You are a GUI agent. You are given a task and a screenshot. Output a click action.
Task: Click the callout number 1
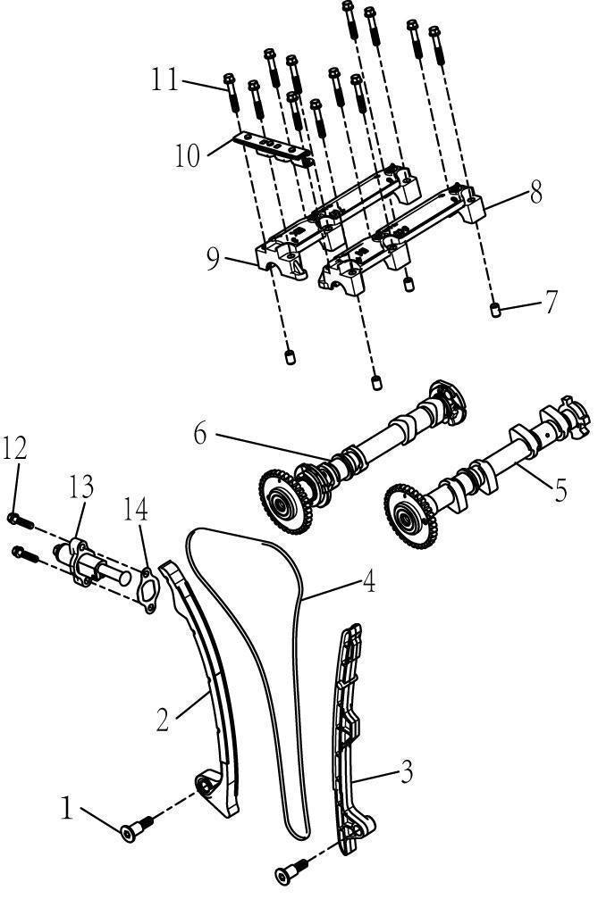pos(66,808)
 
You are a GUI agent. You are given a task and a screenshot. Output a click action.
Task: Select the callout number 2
pos(163,719)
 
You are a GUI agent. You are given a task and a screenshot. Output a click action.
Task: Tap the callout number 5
pos(560,490)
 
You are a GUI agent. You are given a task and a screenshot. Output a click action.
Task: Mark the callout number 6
pos(199,434)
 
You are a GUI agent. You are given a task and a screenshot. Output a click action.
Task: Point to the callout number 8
pos(536,193)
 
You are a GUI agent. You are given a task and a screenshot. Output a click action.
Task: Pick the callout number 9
pos(213,259)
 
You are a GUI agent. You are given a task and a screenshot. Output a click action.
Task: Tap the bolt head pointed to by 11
pos(228,79)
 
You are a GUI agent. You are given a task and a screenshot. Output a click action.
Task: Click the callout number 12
pos(14,449)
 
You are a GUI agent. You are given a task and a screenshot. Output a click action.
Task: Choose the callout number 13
pos(81,487)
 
